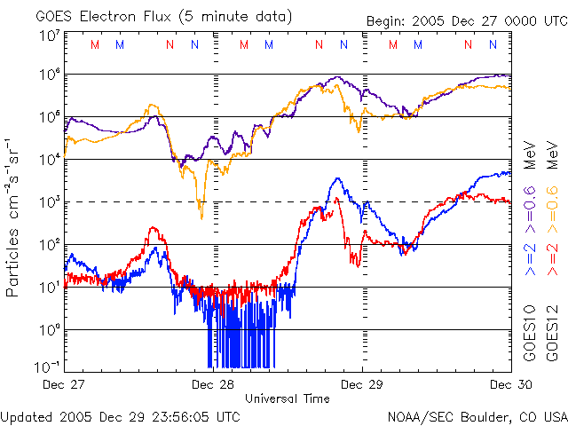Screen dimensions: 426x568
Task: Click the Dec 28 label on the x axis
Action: coord(213,384)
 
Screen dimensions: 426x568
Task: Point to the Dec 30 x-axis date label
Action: coord(509,384)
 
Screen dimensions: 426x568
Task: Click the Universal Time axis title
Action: coord(287,398)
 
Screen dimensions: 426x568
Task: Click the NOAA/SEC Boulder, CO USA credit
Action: coord(477,416)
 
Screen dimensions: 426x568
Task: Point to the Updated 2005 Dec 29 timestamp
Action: coord(120,416)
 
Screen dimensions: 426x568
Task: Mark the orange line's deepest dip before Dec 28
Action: coord(201,217)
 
